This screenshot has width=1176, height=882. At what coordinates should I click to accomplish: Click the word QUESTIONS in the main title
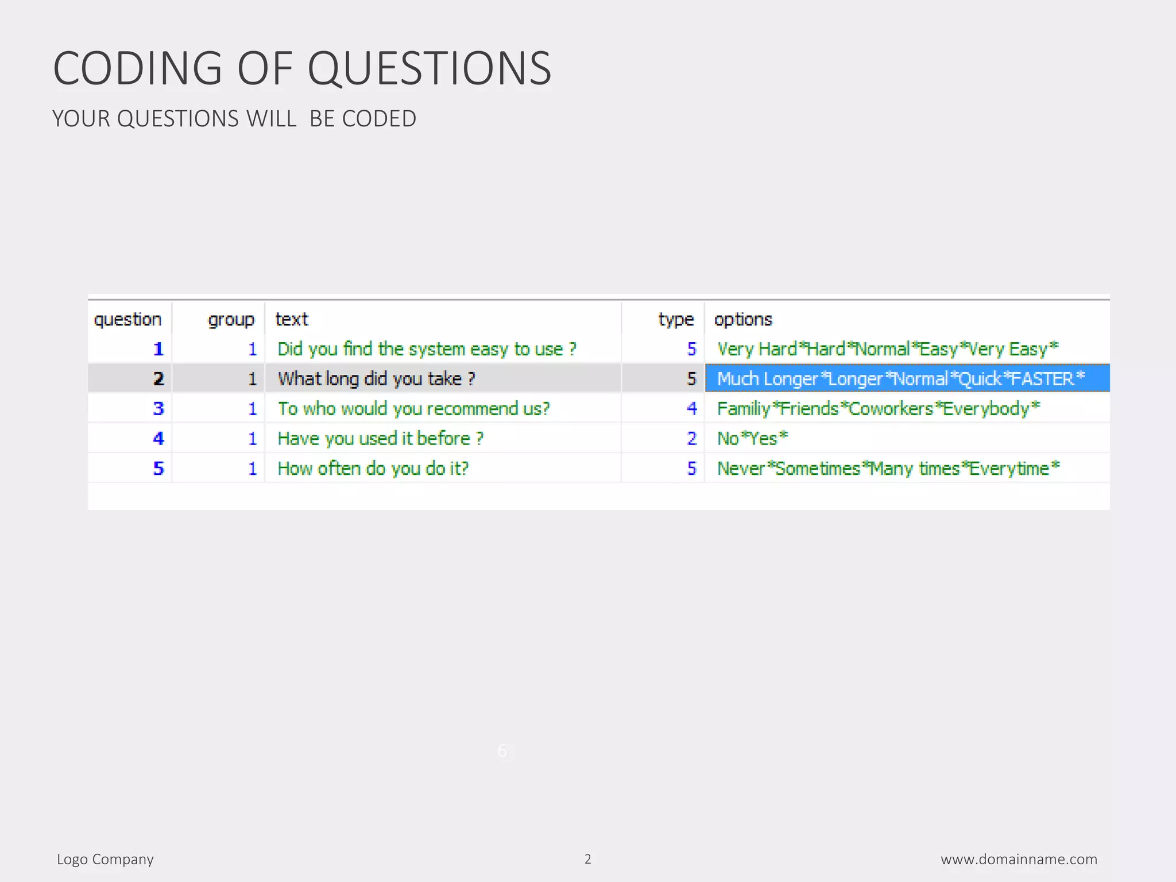pos(430,68)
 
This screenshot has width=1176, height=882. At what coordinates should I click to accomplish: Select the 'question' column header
pos(127,319)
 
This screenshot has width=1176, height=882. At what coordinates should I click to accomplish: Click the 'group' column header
pos(231,319)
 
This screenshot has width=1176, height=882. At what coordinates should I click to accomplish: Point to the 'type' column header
pos(676,319)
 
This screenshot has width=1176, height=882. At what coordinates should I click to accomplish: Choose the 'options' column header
pos(743,319)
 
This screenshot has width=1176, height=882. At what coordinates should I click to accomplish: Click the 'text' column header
pos(292,319)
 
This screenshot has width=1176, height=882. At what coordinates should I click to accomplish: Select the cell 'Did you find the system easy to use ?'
pos(427,349)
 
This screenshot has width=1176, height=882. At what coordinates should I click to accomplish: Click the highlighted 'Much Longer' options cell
pos(900,379)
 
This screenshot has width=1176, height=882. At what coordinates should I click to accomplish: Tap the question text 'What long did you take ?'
pos(376,379)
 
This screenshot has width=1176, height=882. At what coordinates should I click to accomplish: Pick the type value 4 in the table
pos(692,409)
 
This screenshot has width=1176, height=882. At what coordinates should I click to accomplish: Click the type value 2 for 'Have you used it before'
pos(692,439)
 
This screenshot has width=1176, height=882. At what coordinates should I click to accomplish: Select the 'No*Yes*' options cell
pos(752,439)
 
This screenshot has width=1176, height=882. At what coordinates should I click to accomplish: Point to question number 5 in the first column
pos(158,469)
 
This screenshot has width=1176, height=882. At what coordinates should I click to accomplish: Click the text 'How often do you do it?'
pos(373,469)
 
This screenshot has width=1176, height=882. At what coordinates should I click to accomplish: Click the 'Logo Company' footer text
pos(105,859)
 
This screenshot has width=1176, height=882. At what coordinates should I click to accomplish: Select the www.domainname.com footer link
pos(1019,859)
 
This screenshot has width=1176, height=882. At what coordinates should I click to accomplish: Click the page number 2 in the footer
pos(587,859)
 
